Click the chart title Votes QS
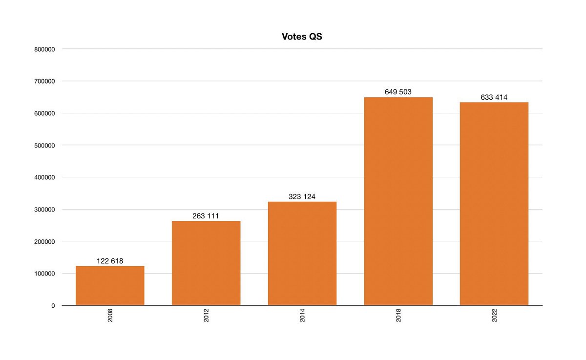[302, 37]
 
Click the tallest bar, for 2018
[398, 201]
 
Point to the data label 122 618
[110, 261]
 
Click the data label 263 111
[206, 216]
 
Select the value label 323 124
[302, 197]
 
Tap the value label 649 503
[398, 92]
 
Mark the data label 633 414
[494, 97]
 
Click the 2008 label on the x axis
[110, 316]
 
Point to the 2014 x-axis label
[302, 316]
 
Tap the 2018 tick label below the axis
[398, 316]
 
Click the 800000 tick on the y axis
[44, 49]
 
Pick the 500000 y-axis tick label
[44, 146]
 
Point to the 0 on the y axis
[53, 306]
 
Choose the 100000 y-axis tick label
[44, 274]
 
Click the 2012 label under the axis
[206, 316]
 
